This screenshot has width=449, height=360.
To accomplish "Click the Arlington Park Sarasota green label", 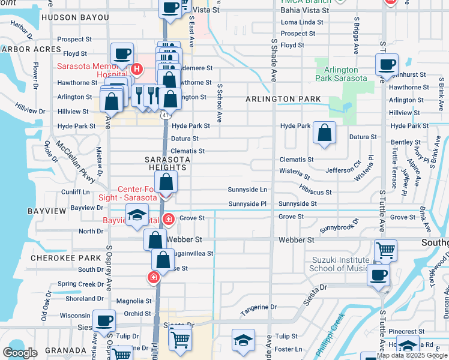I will click(341, 74).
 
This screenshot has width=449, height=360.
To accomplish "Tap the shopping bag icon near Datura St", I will click(324, 134).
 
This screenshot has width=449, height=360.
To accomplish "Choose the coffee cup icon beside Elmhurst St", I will click(386, 64).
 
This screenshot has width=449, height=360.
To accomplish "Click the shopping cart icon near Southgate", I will click(385, 250).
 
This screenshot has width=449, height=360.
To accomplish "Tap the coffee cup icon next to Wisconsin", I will click(104, 320).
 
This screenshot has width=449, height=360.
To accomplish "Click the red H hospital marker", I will click(136, 69).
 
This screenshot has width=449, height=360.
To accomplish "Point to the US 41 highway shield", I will click(164, 113).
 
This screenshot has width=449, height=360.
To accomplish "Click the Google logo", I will click(20, 352).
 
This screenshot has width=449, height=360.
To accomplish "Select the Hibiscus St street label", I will click(316, 192).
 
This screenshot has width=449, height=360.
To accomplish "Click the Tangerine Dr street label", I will click(259, 307).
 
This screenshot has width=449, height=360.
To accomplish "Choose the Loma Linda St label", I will click(302, 22).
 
